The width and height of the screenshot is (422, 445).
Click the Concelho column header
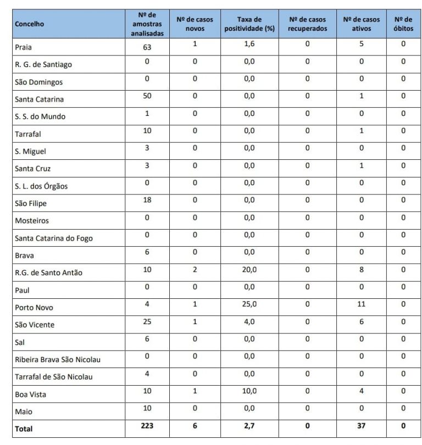30,24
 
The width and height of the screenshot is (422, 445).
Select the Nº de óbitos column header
403,24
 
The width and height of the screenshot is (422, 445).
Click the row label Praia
24,47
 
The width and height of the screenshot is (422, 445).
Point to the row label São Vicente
35,325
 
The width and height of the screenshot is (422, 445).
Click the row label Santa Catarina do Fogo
54,238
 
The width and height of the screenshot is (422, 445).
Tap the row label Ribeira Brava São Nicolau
58,360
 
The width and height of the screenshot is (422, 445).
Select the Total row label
24,429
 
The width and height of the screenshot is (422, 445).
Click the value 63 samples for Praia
147,47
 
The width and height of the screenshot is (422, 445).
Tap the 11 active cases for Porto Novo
361,304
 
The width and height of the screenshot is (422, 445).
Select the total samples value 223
147,426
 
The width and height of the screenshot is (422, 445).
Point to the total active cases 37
361,426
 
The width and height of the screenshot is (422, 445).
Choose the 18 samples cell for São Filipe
147,201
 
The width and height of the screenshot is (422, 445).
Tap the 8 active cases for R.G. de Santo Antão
361,270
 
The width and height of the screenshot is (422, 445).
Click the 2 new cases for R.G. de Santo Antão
195,270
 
